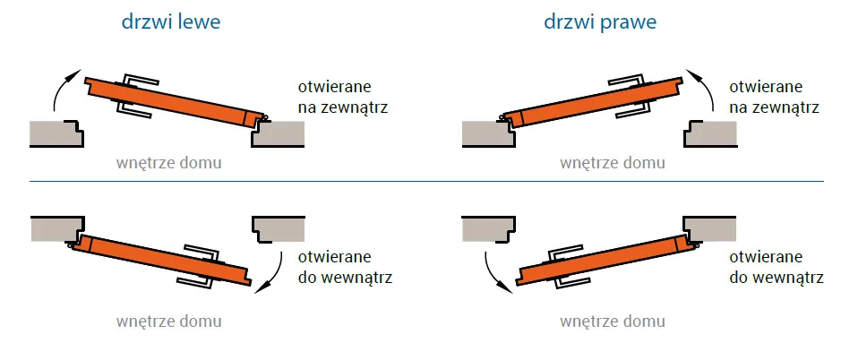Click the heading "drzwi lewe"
tap(170, 22)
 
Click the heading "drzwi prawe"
tap(600, 22)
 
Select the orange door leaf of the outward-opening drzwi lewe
tap(175, 102)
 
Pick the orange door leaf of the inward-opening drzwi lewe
tap(162, 260)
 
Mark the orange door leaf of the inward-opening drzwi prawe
tap(605, 260)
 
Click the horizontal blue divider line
tap(426, 181)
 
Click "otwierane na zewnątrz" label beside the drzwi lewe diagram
tap(343, 97)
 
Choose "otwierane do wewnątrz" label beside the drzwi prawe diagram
tap(777, 267)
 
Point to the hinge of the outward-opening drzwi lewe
tap(263, 116)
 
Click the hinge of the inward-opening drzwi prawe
tap(695, 244)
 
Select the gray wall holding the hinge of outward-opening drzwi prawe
tap(488, 133)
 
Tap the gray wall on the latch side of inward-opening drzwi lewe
tap(279, 229)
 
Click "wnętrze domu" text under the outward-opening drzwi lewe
tap(169, 163)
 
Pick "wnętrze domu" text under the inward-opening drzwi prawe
tap(613, 321)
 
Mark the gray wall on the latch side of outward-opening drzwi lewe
tap(56, 133)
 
